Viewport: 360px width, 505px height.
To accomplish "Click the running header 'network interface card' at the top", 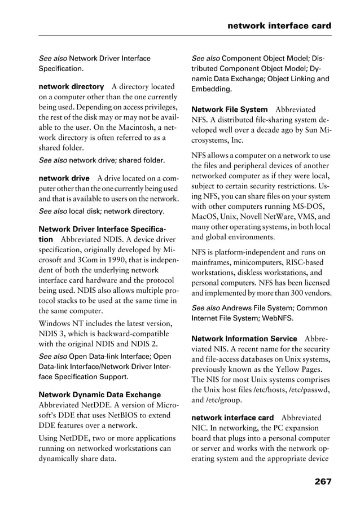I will click(x=279, y=26).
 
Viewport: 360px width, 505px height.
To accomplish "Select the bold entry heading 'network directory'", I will click(x=71, y=87).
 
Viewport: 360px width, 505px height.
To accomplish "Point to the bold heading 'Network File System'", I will click(x=230, y=109).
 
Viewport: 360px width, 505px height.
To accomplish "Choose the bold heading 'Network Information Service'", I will click(x=244, y=339).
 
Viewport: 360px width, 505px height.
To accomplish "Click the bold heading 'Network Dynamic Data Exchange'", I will click(x=99, y=395).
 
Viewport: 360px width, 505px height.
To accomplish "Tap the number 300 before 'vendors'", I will click(x=291, y=293).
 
